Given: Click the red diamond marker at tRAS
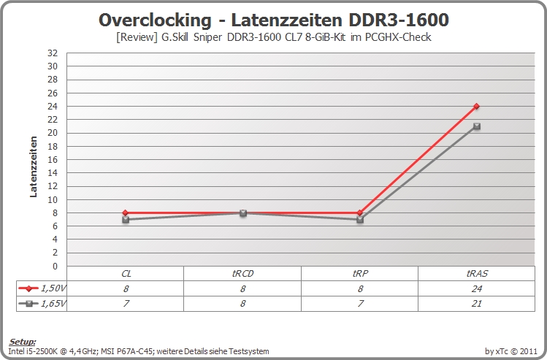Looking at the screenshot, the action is click(477, 106).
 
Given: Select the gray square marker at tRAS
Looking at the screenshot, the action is click(477, 126).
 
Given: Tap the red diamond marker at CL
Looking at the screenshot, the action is click(126, 212).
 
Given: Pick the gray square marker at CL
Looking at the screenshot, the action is click(126, 219).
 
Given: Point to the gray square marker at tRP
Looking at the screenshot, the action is click(360, 219).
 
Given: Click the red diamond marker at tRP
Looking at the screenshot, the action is click(360, 212).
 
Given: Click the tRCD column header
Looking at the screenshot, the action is click(242, 274).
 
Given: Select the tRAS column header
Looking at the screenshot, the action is click(477, 274).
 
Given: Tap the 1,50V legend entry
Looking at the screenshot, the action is click(42, 288).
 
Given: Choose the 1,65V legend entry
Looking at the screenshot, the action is click(42, 304).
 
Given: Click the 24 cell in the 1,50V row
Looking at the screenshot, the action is click(477, 288).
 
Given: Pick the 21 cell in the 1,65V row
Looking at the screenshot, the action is click(477, 304).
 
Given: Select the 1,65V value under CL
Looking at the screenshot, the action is click(126, 304).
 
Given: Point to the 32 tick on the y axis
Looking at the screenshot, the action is click(53, 53).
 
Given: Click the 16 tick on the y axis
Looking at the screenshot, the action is click(53, 159).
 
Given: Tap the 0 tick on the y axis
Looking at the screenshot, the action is click(55, 266).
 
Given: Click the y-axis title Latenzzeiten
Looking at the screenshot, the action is click(34, 166).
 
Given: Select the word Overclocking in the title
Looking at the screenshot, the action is click(155, 20).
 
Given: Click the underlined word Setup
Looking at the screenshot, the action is click(23, 342).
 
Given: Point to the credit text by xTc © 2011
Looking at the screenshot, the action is click(510, 351).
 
